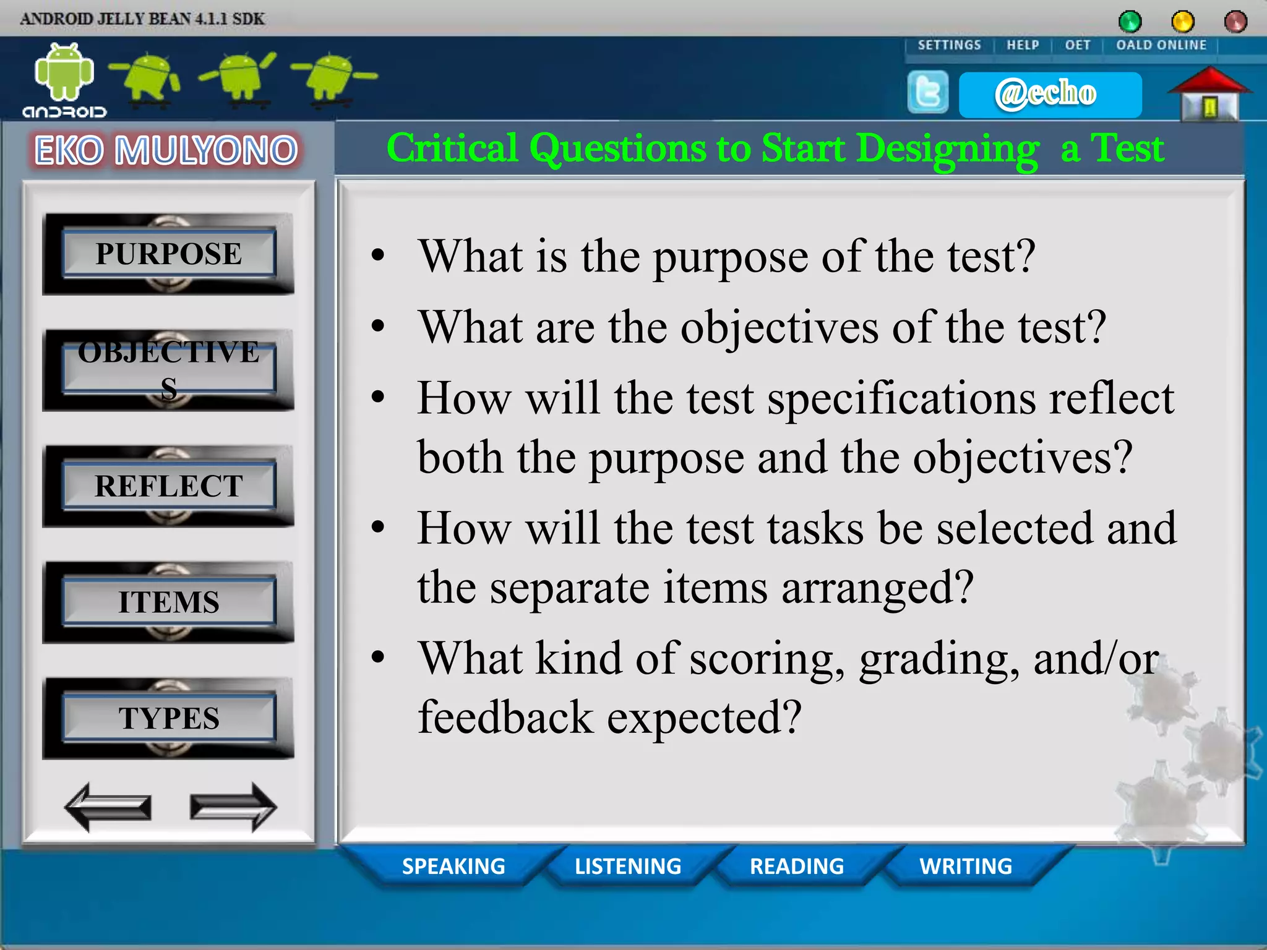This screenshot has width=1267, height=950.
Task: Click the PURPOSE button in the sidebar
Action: pyautogui.click(x=168, y=254)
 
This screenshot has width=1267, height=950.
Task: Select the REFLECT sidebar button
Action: pyautogui.click(x=168, y=486)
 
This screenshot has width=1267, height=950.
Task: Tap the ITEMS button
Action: pyautogui.click(x=168, y=602)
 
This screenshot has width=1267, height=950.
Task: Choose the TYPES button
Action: pyautogui.click(x=168, y=719)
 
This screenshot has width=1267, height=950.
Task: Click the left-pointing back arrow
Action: pyautogui.click(x=108, y=807)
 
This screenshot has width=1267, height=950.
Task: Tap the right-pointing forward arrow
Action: pyautogui.click(x=233, y=807)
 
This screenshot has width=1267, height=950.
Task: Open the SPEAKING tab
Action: pyautogui.click(x=453, y=866)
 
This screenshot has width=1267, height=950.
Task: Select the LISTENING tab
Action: pyautogui.click(x=628, y=866)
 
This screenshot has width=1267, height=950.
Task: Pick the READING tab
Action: pyautogui.click(x=797, y=866)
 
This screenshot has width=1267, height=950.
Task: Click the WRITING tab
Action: pyautogui.click(x=966, y=866)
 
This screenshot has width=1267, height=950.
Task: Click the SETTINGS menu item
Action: pyautogui.click(x=949, y=45)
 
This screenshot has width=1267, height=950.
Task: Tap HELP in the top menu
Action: pyautogui.click(x=1023, y=45)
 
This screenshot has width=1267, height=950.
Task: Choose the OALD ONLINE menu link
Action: pyautogui.click(x=1161, y=45)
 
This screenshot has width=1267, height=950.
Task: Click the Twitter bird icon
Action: pyautogui.click(x=927, y=93)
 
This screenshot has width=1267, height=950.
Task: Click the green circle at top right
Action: pyautogui.click(x=1130, y=22)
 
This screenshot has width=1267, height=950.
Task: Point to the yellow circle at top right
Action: pyautogui.click(x=1183, y=22)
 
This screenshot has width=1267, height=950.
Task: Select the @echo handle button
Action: pyautogui.click(x=1049, y=94)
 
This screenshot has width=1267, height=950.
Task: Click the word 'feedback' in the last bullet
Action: pyautogui.click(x=505, y=717)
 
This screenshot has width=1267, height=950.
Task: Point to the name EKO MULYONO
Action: pyautogui.click(x=166, y=150)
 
